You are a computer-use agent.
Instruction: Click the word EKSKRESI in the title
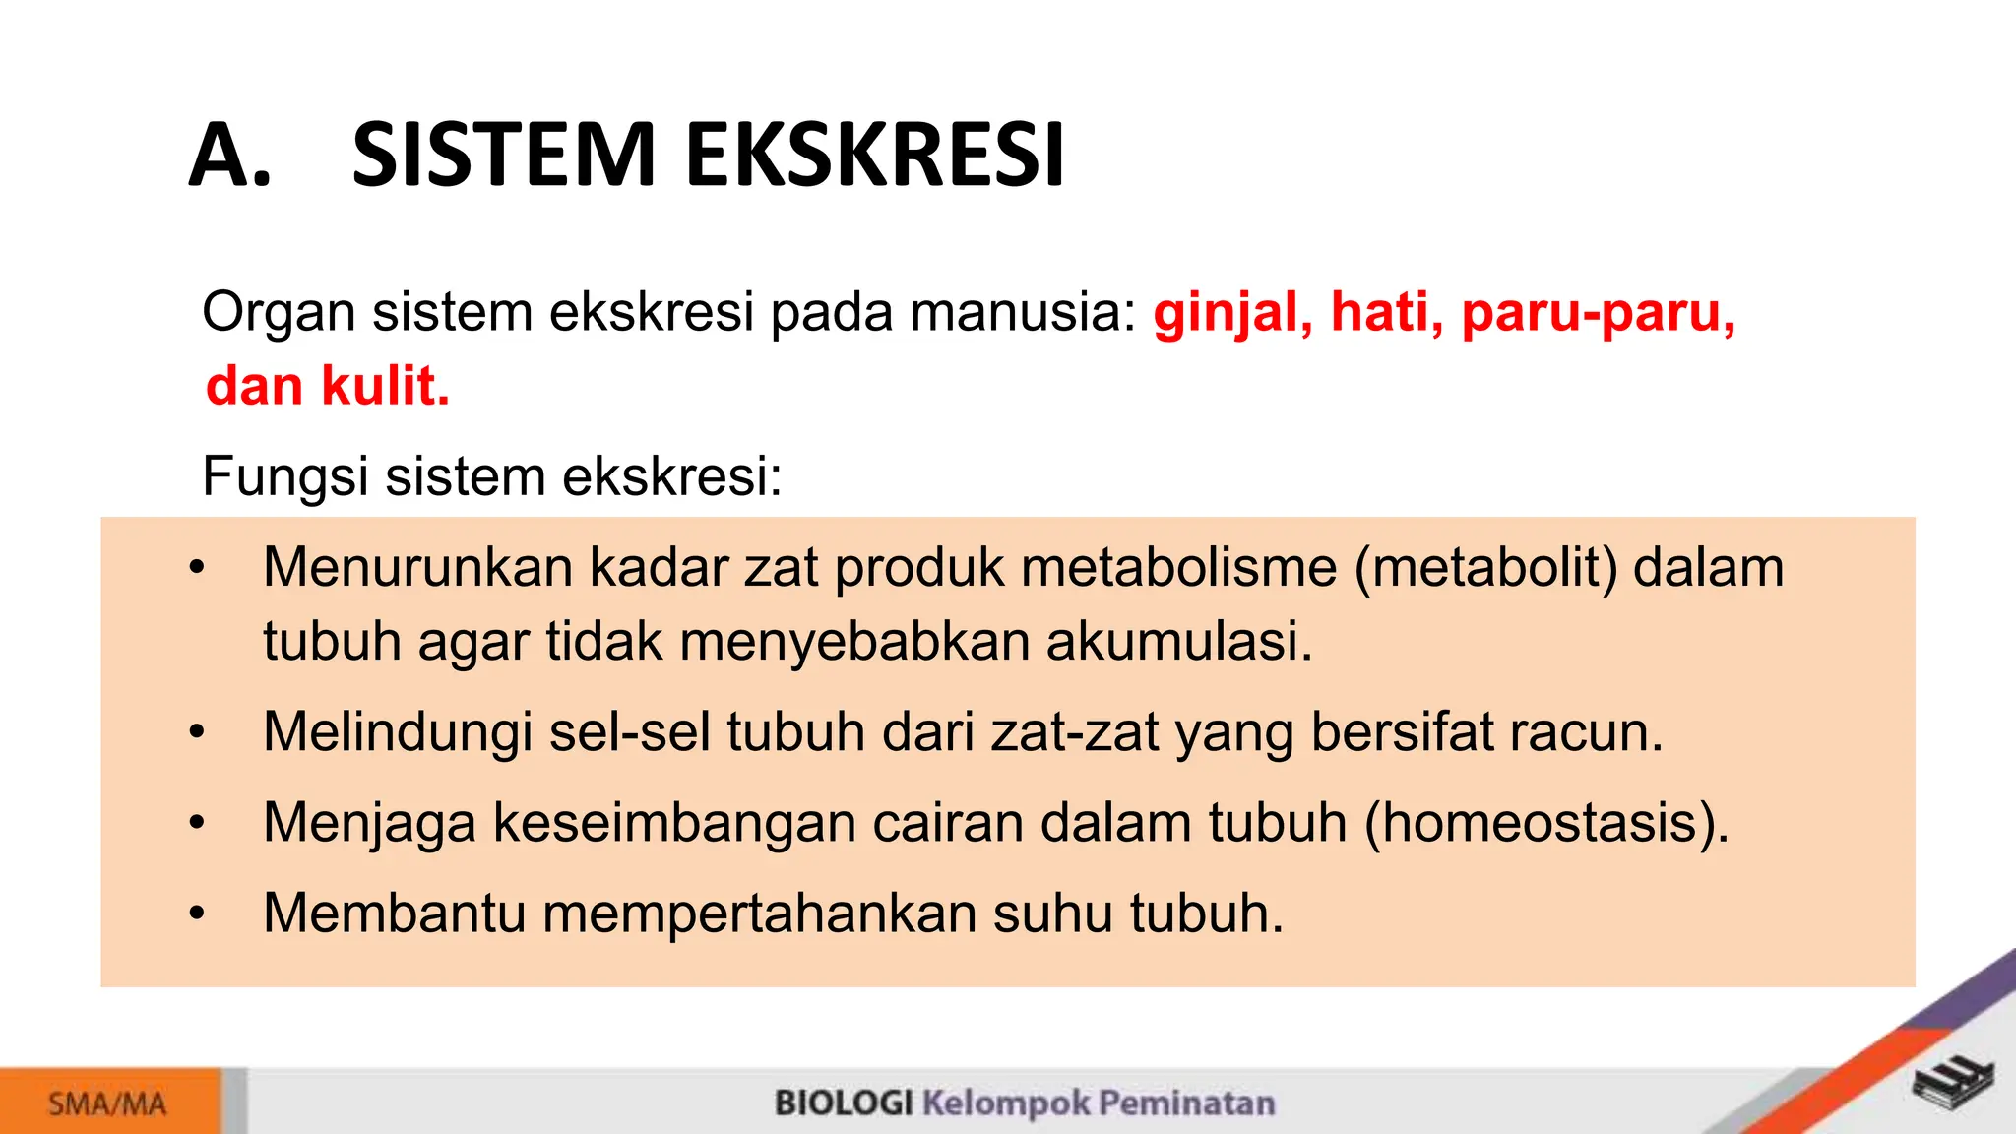[874, 155]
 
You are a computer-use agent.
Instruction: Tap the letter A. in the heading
[229, 155]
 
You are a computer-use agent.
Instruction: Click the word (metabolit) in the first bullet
[1486, 569]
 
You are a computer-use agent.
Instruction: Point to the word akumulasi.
[1178, 642]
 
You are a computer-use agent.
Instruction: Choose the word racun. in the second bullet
[1585, 733]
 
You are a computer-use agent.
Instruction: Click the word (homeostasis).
[1546, 823]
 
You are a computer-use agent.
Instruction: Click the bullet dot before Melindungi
[198, 732]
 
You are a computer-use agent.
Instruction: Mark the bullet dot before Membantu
[198, 913]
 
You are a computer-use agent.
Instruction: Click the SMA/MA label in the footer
[107, 1103]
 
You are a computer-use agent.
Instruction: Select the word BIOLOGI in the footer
[844, 1102]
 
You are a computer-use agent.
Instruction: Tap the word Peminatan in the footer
[1186, 1102]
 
